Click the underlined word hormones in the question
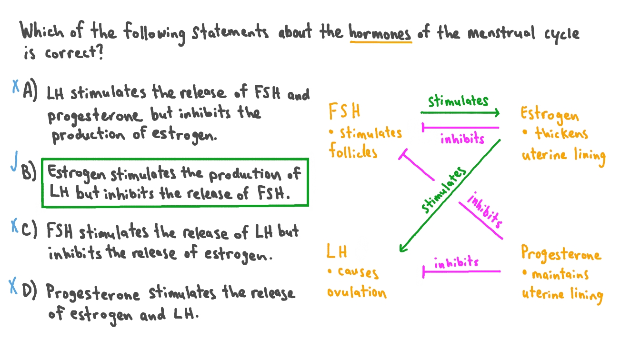click(380, 32)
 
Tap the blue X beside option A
click(15, 86)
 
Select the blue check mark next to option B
click(14, 161)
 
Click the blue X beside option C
click(14, 225)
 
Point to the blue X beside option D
click(13, 285)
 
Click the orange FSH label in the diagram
click(344, 111)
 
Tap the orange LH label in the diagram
click(337, 251)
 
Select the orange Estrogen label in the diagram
click(550, 115)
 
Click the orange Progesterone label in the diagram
click(561, 253)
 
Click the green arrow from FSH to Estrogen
click(460, 112)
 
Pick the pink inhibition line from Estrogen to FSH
click(460, 128)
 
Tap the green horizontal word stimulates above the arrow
click(458, 101)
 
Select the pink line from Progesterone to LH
click(461, 271)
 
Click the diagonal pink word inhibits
click(485, 210)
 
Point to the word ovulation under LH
click(357, 292)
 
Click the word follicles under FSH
click(353, 151)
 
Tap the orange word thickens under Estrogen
click(562, 133)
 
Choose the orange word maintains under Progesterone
click(560, 274)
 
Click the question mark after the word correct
click(100, 52)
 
